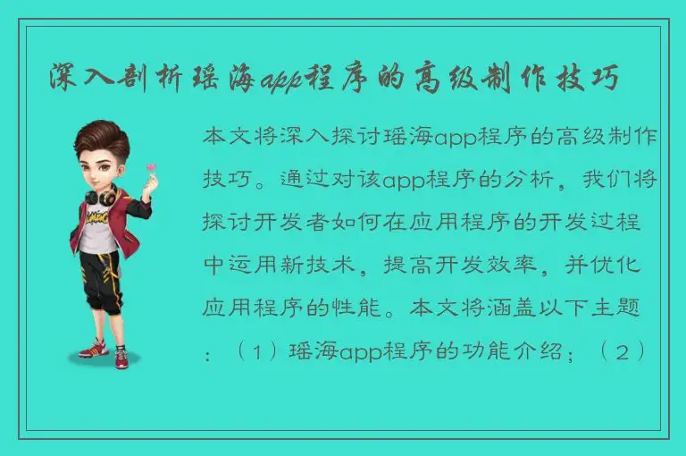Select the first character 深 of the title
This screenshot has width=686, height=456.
click(65, 80)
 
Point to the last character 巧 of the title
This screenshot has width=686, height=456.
click(605, 80)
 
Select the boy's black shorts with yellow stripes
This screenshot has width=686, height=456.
click(100, 277)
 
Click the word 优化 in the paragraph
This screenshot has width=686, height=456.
click(637, 265)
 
